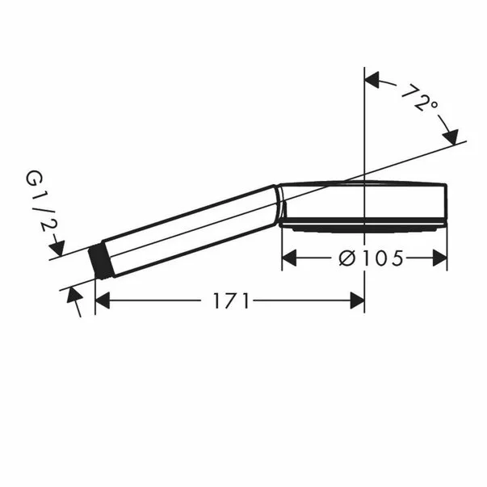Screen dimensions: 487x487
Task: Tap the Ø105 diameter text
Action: click(371, 258)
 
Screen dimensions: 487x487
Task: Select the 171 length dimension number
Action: click(231, 300)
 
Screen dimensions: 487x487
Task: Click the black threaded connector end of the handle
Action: click(101, 260)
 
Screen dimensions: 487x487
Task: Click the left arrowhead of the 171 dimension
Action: click(103, 300)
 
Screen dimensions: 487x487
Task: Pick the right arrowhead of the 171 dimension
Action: click(357, 300)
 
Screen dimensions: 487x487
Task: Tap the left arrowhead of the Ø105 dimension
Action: click(289, 258)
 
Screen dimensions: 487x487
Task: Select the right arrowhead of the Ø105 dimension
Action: click(440, 258)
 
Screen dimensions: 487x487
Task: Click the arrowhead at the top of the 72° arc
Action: click(372, 79)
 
